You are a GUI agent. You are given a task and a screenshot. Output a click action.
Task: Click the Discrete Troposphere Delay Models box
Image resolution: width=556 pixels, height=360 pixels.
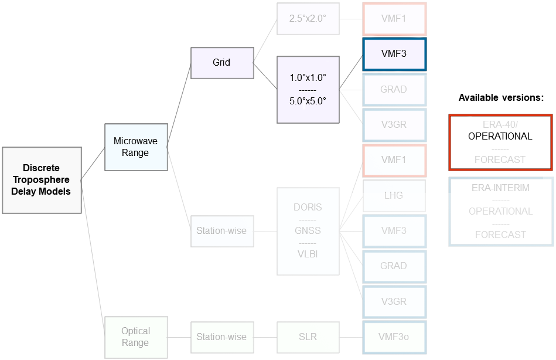tap(42, 180)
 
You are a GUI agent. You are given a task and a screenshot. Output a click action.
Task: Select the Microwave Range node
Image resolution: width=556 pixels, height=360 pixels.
tap(136, 147)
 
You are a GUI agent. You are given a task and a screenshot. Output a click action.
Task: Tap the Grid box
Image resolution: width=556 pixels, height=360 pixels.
tap(221, 62)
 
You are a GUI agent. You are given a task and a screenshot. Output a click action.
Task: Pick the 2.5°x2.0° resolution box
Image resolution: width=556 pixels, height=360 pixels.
tap(308, 18)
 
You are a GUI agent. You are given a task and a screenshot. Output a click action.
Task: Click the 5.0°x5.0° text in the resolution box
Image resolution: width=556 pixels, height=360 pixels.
tap(308, 100)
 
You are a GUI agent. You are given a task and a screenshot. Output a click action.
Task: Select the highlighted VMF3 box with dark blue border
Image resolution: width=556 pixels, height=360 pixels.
tap(394, 54)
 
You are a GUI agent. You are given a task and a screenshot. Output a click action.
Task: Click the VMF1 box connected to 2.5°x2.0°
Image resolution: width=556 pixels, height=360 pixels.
tap(394, 18)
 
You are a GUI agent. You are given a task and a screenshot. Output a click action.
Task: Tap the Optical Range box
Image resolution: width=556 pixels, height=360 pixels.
tap(136, 337)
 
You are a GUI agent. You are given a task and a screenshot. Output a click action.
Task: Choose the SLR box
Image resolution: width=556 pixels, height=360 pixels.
tap(308, 337)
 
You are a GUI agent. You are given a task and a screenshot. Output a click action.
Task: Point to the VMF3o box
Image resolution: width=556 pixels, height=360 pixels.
tap(394, 337)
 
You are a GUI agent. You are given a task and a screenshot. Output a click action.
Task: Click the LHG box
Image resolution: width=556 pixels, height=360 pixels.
tap(394, 195)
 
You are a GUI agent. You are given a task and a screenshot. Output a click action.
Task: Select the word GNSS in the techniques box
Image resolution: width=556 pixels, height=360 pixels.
tap(308, 230)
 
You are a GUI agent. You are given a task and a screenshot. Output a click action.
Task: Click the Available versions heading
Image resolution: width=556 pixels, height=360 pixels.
tap(501, 98)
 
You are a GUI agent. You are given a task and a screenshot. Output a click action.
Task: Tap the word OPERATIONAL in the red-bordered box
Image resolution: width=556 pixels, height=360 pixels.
tap(500, 136)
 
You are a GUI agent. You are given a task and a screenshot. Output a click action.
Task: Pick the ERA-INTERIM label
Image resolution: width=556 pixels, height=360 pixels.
tap(500, 188)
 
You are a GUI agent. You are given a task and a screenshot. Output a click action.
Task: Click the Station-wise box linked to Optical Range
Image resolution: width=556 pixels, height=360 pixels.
tap(221, 337)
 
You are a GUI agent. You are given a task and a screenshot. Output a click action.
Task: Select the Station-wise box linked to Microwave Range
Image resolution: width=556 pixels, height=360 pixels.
tap(221, 230)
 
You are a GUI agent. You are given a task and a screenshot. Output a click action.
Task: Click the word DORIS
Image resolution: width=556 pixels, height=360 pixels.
tap(308, 208)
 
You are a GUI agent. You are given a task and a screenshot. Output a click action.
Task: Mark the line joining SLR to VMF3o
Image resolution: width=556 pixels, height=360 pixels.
tap(351, 337)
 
